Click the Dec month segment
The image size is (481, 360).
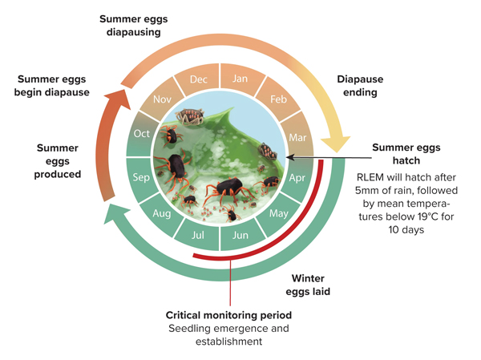(x=199, y=79)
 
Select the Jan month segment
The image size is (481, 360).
(x=240, y=79)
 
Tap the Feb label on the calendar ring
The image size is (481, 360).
(x=278, y=99)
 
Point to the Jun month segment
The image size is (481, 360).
(x=240, y=235)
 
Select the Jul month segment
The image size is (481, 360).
(x=198, y=235)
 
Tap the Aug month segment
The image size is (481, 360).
(x=162, y=213)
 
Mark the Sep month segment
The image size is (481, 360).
(x=141, y=177)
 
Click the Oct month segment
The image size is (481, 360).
(x=141, y=134)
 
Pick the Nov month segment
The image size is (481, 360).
(x=162, y=99)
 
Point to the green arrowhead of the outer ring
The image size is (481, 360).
(x=115, y=213)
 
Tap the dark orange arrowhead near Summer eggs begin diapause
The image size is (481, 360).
(x=118, y=98)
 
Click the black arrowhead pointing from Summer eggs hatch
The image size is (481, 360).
(x=290, y=157)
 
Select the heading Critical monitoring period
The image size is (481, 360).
(x=228, y=315)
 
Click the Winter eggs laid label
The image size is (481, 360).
(x=308, y=285)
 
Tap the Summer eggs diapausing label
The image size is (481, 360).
(x=133, y=26)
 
